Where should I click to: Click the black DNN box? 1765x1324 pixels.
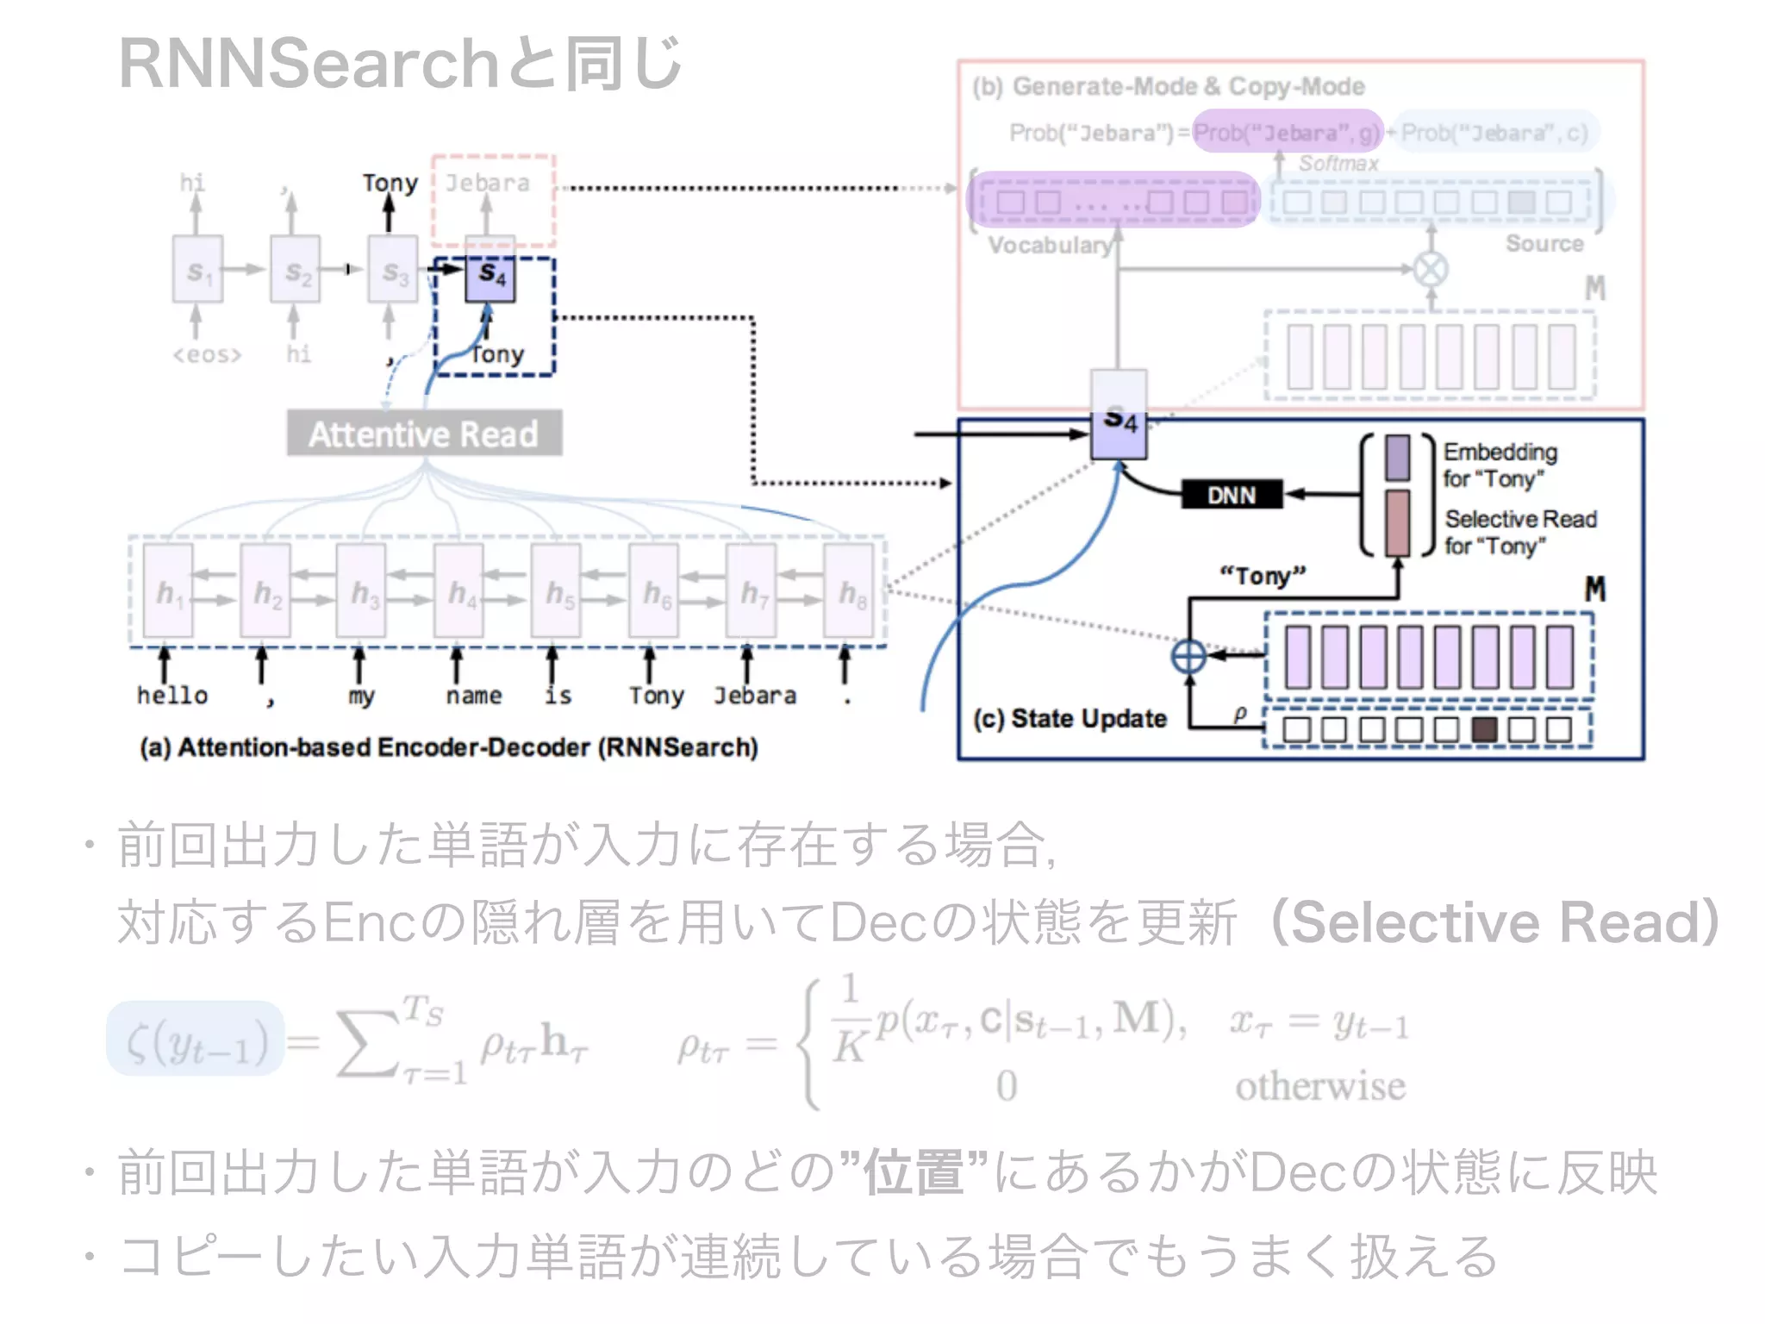1231,495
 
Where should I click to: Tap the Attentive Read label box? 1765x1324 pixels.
424,434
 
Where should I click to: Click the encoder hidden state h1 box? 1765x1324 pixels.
168,591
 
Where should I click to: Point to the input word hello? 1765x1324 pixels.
172,696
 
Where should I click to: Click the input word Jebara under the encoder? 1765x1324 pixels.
754,696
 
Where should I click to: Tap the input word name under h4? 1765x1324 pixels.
473,696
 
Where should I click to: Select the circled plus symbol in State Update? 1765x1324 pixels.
1188,656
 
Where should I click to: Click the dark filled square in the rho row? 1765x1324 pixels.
1484,729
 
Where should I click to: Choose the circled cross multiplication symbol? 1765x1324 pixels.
1431,269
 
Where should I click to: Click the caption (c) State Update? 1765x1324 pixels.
1070,718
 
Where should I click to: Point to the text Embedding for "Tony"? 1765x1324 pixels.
1500,465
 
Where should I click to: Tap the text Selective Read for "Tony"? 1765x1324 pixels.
1520,532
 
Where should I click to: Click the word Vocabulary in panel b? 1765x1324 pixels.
1049,246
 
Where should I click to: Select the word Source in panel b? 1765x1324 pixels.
1544,244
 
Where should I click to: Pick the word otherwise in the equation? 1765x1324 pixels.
1319,1086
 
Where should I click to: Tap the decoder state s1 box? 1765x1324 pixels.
197,269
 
